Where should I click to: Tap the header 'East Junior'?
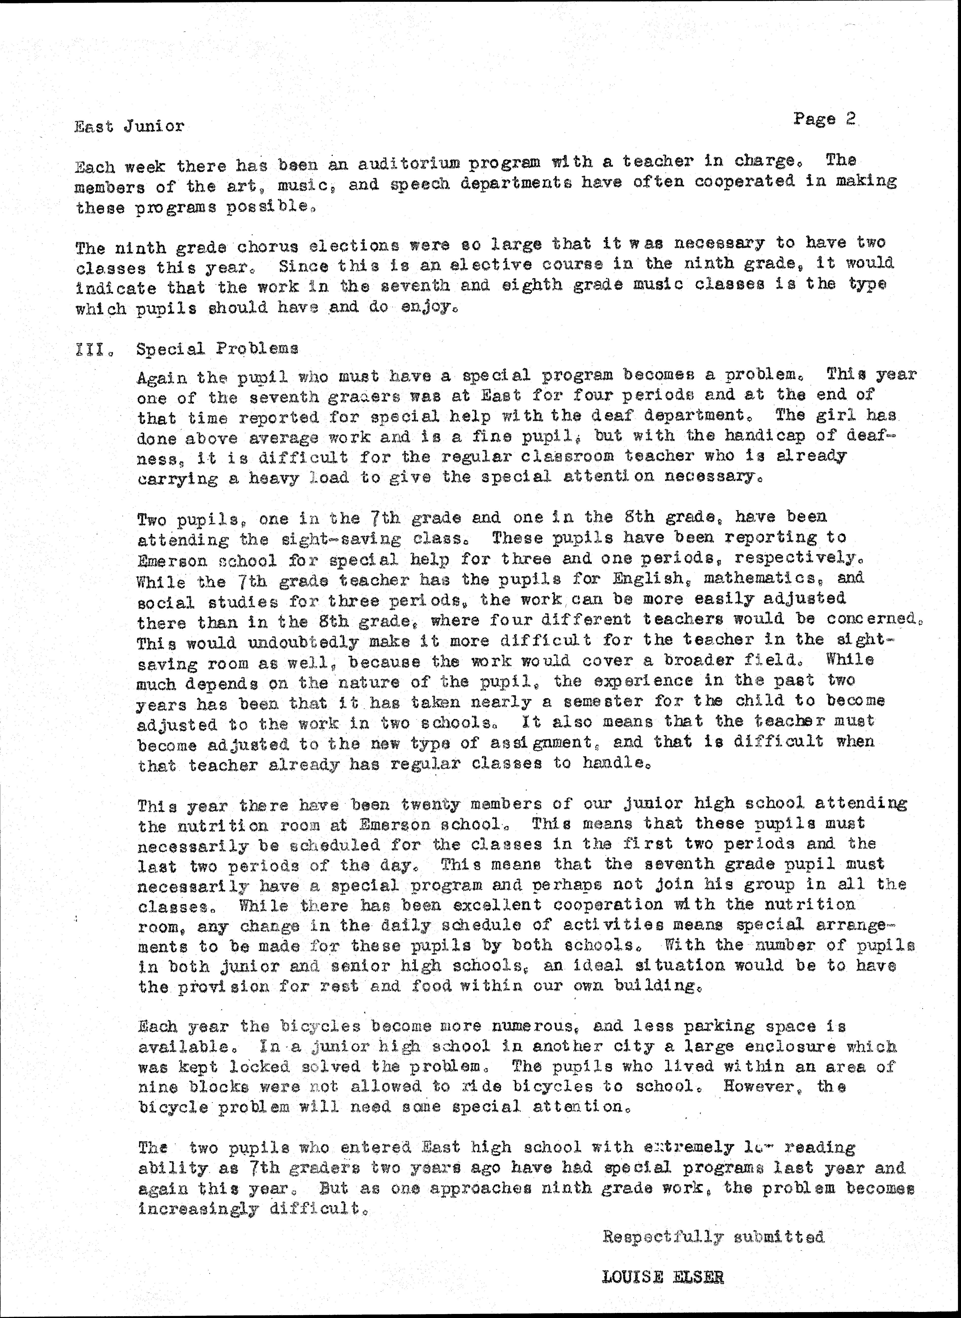pos(129,126)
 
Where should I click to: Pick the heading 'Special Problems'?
pos(217,349)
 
